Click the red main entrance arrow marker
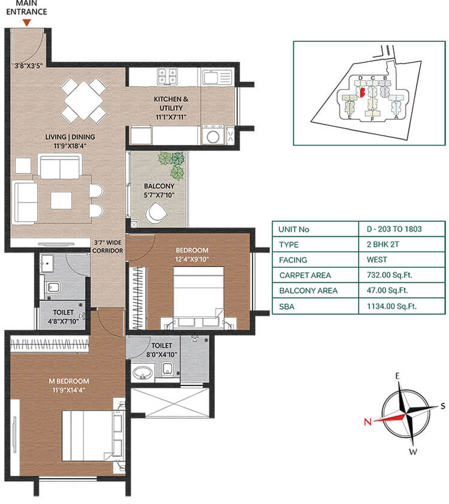[26, 22]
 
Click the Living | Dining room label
[70, 141]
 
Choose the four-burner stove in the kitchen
[167, 76]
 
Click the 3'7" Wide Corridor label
[108, 246]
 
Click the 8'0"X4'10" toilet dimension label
[162, 354]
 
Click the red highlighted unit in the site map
[362, 92]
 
